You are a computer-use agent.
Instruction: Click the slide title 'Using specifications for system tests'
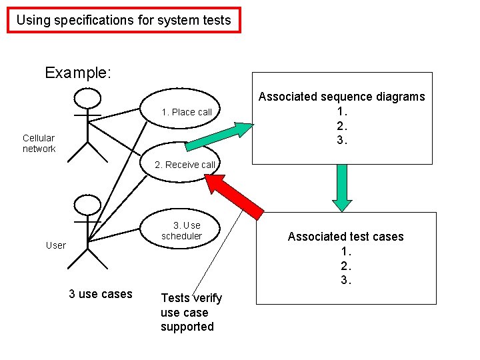coord(124,20)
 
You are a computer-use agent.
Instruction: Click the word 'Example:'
coord(78,73)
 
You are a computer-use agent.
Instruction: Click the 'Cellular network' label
coord(39,143)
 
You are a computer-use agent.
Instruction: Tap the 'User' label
coord(56,245)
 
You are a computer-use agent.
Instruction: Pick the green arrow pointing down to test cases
coord(342,187)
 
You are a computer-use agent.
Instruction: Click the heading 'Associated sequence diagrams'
coord(341,97)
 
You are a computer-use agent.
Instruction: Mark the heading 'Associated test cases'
coord(345,237)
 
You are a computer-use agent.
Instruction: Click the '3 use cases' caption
coord(101,294)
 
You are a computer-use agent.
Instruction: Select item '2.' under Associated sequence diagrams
coord(342,126)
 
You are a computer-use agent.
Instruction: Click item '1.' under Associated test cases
coord(346,251)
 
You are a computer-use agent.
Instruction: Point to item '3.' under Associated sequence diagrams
coord(342,141)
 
